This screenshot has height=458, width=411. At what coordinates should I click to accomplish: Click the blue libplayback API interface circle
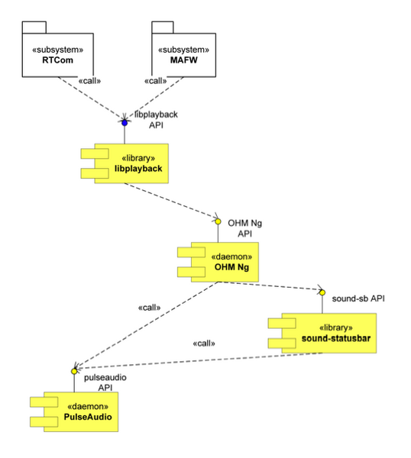coord(124,122)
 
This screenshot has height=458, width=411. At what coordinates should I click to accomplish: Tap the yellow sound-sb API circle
coord(322,290)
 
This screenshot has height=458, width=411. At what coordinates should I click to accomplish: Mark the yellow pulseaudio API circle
coord(74,371)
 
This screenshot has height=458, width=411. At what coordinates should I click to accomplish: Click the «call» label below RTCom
coord(90,81)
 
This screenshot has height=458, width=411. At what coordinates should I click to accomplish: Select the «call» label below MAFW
coord(155,81)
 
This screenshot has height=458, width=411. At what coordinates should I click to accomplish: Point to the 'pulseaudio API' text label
coord(99,382)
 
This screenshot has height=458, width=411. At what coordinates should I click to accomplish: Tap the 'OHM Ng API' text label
coord(245,228)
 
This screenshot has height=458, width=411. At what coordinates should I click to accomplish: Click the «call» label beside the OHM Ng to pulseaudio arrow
coord(149,308)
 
